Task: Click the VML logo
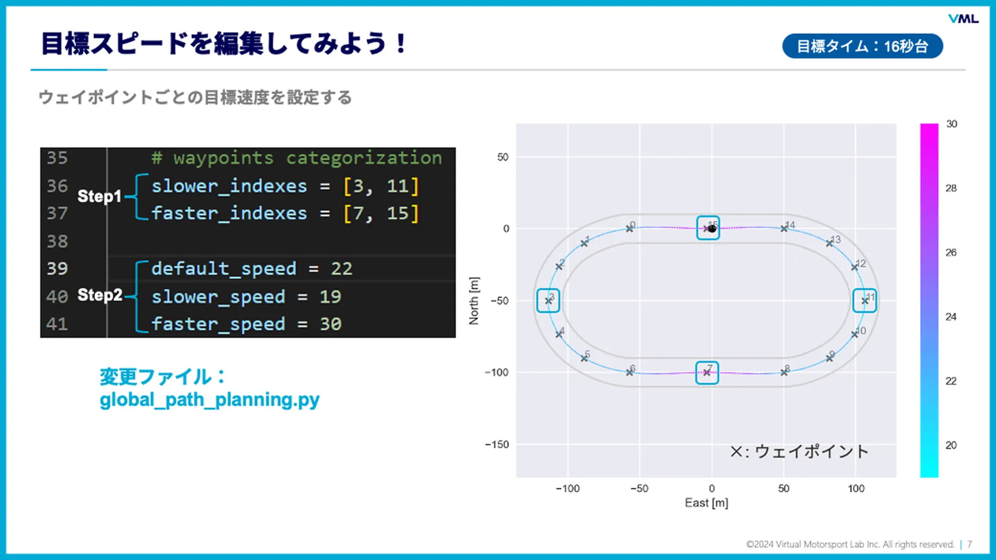[963, 19]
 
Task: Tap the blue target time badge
[862, 46]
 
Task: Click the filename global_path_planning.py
[209, 400]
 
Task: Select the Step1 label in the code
[99, 196]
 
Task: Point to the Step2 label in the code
[100, 295]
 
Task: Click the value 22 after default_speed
[341, 269]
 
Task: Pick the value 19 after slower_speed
[330, 297]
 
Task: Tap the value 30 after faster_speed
[330, 324]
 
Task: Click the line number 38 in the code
[57, 241]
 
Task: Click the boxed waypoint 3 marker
[548, 301]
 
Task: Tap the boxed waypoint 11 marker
[865, 301]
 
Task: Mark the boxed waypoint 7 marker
[707, 372]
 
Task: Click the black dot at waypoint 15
[712, 229]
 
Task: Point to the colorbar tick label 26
[951, 252]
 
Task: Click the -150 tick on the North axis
[497, 445]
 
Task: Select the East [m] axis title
[706, 503]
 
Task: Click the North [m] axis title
[474, 301]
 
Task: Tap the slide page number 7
[970, 544]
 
